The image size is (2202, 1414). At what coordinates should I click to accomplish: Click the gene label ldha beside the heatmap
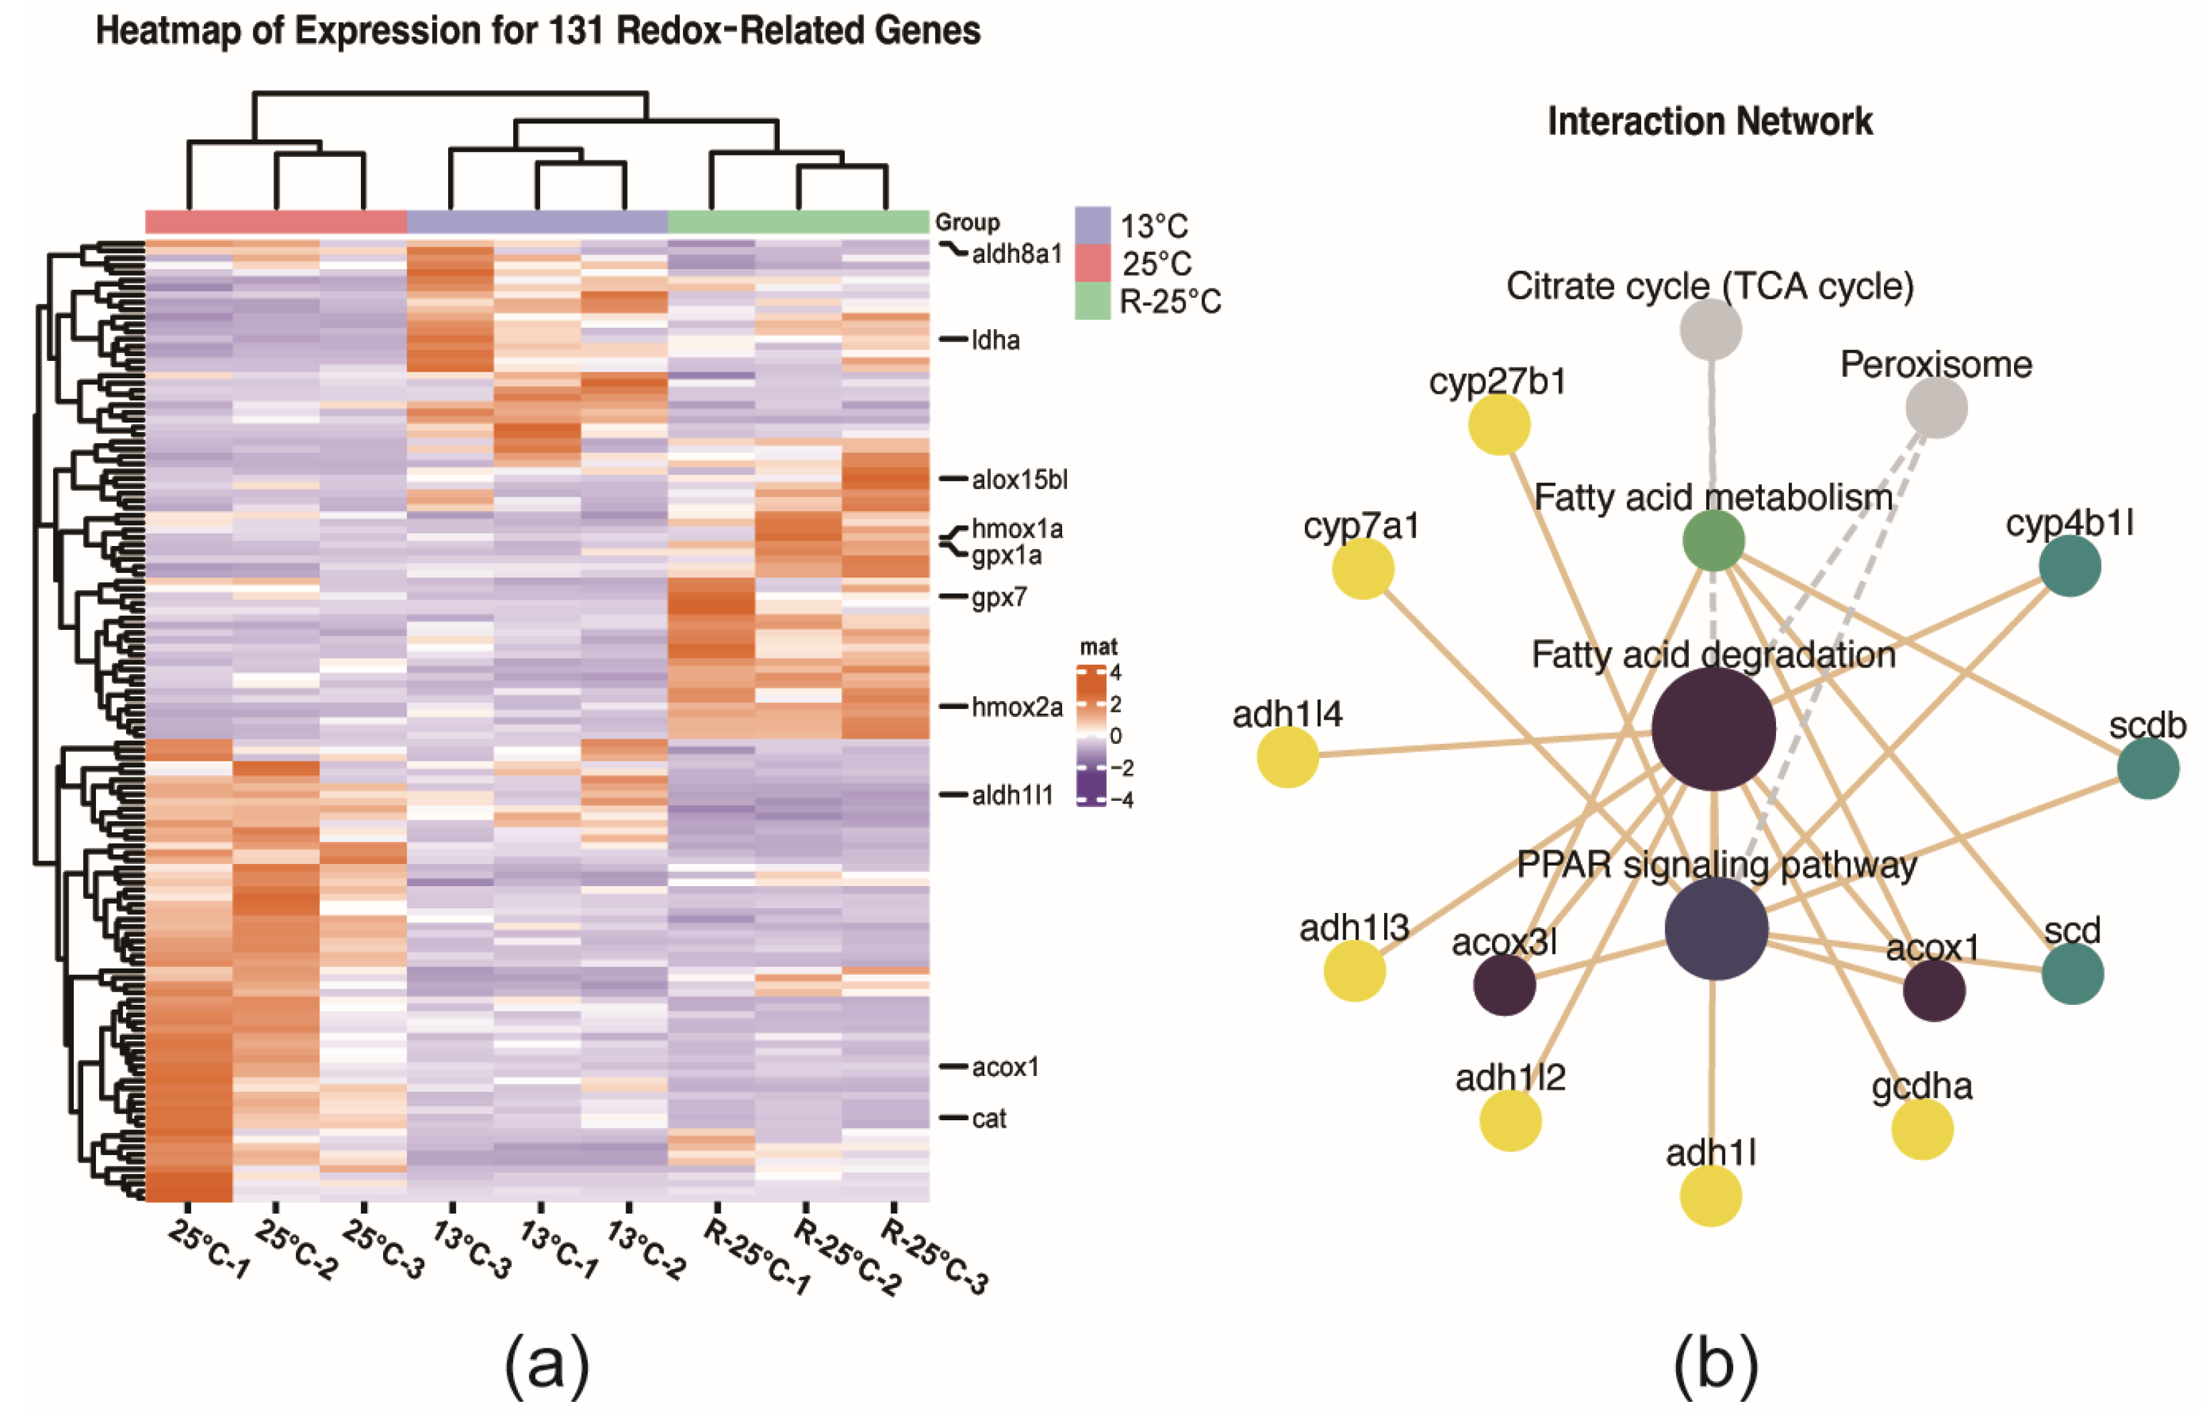pos(996,341)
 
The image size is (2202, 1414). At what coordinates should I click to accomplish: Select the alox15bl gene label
pos(1019,480)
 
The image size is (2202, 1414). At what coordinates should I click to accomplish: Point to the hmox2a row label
pos(1016,707)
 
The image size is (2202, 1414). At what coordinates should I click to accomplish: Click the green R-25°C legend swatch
pos(1092,301)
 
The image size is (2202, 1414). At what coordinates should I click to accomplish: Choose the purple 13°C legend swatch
pos(1092,225)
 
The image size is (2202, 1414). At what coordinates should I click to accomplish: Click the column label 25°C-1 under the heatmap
pos(209,1250)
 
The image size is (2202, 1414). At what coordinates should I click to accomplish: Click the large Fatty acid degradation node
pos(1713,729)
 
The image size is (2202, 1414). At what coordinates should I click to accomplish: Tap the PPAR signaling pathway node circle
pos(1716,928)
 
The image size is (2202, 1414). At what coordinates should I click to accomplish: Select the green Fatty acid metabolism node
pos(1714,541)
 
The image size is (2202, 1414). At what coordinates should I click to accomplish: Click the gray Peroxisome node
pos(1936,406)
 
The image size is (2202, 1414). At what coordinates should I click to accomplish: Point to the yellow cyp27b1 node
pos(1499,424)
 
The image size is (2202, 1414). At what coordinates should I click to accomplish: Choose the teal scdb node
pos(2148,769)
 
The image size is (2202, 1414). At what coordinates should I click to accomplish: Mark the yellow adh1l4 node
pos(1288,757)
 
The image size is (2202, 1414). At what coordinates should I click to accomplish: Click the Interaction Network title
pos(1710,121)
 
